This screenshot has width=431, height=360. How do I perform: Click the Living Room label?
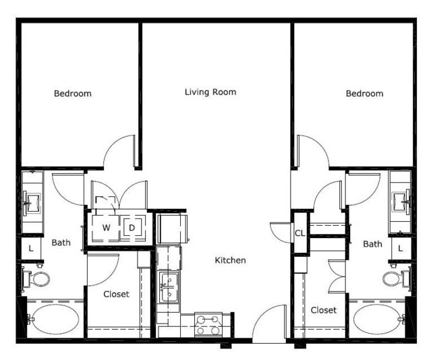click(x=210, y=92)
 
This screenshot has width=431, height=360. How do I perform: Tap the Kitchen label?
click(x=231, y=260)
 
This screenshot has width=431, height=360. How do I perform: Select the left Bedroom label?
click(x=73, y=94)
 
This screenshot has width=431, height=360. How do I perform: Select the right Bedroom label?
click(x=364, y=94)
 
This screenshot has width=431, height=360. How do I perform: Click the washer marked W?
click(x=106, y=228)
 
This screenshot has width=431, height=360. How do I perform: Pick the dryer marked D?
click(x=132, y=228)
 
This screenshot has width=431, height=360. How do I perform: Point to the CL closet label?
click(x=299, y=233)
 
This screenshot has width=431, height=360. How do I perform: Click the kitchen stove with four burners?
click(x=208, y=324)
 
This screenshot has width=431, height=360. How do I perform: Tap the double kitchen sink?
click(x=168, y=287)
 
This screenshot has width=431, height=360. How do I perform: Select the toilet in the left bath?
click(x=36, y=278)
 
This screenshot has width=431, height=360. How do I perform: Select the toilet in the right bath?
click(x=396, y=278)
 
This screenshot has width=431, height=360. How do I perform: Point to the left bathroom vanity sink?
click(x=32, y=202)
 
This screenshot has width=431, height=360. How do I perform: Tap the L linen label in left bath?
click(x=31, y=249)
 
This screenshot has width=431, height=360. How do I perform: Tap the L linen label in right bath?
click(x=400, y=249)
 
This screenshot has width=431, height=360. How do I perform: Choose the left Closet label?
click(x=116, y=294)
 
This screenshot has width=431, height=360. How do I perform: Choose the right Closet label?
click(x=324, y=310)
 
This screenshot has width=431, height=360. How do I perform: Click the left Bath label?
click(x=61, y=243)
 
